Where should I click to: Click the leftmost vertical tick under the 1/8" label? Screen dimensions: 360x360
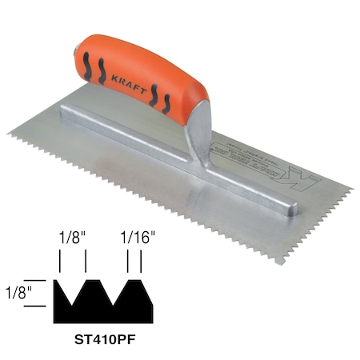61,262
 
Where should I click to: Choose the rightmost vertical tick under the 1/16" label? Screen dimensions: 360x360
142,262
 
